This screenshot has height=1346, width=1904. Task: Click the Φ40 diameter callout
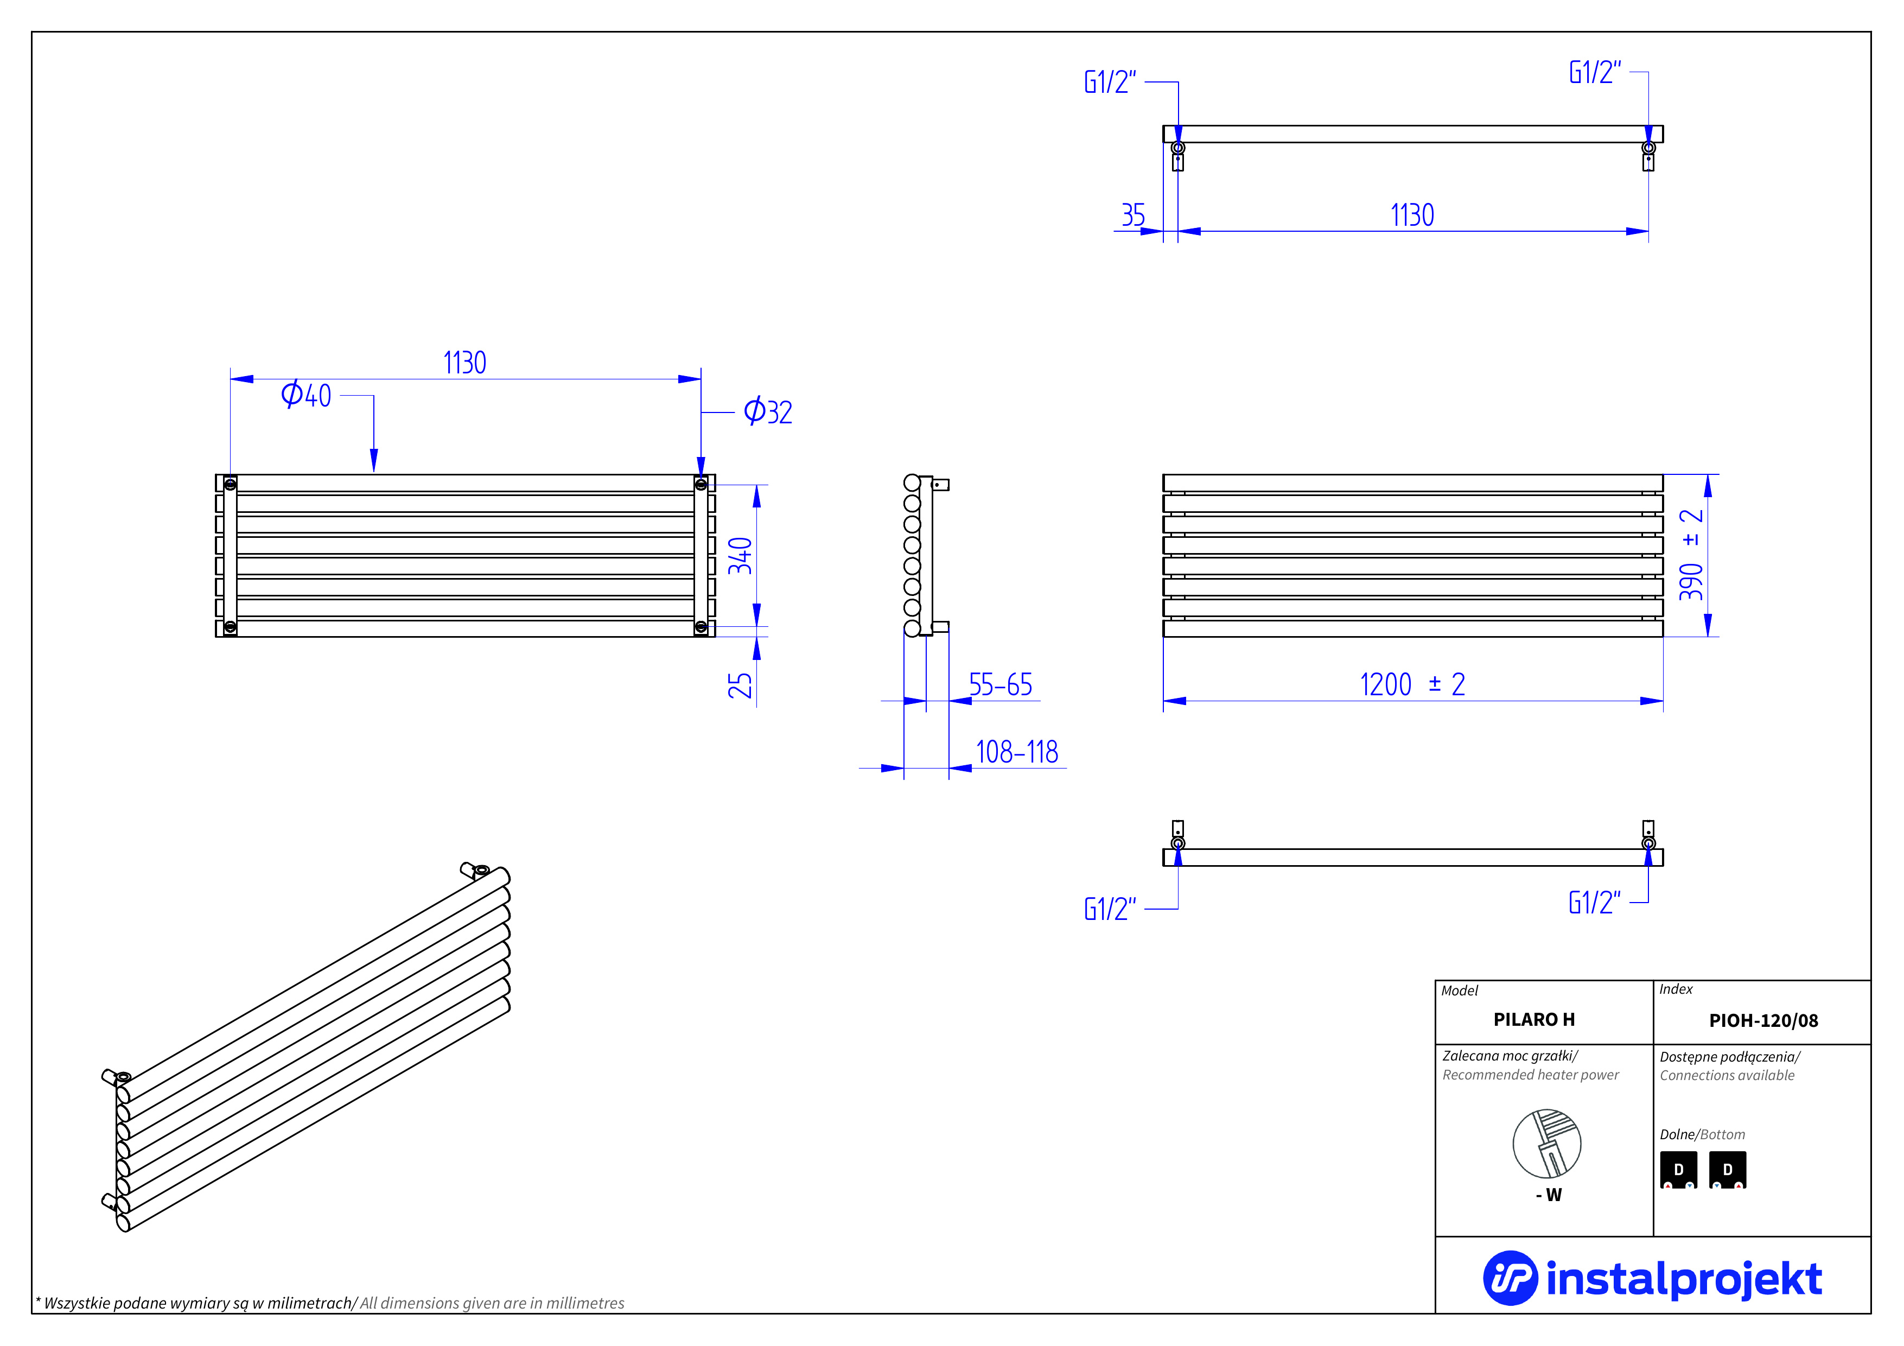point(306,395)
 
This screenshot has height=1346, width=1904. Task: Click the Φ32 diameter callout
point(768,411)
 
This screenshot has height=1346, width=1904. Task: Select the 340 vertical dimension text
point(740,556)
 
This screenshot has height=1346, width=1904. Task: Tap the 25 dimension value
point(740,685)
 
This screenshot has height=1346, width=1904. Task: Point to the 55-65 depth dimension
point(1000,685)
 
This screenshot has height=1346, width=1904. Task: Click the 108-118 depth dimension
point(1017,752)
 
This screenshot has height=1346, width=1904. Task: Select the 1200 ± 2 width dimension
point(1412,685)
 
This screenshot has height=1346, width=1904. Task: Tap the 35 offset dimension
point(1133,215)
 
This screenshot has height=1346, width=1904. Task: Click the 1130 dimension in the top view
point(1412,215)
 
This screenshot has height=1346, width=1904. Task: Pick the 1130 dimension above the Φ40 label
point(464,363)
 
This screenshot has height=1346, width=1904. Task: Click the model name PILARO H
point(1533,1020)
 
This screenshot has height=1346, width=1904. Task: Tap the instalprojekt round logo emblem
point(1510,1278)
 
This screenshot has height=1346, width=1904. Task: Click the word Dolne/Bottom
point(1702,1134)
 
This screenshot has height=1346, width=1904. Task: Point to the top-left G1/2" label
point(1110,82)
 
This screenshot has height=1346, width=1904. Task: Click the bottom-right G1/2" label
point(1594,903)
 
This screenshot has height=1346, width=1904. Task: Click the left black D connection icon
point(1678,1170)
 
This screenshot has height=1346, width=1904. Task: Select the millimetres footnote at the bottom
point(330,1303)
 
